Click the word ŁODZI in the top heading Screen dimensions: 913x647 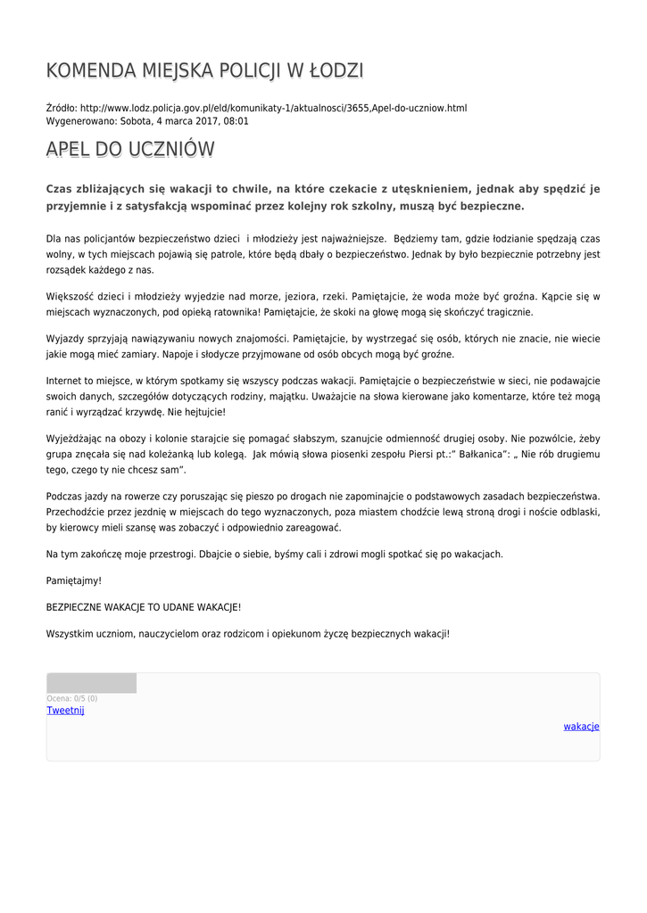(x=335, y=71)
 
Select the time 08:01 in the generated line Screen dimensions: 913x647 (x=236, y=120)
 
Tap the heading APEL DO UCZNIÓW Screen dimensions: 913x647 (x=130, y=150)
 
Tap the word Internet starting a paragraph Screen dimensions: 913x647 (x=63, y=381)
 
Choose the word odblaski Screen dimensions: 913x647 (x=576, y=512)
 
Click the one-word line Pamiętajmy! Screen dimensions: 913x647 (x=74, y=580)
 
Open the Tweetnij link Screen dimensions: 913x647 (x=65, y=711)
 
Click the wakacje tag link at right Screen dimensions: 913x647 (x=581, y=727)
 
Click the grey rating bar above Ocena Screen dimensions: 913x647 (x=91, y=684)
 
